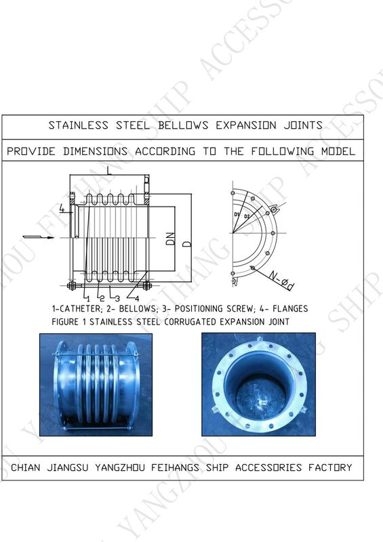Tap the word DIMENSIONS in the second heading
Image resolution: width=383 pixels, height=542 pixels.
tap(95, 151)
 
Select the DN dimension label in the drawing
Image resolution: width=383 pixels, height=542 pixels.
tap(171, 239)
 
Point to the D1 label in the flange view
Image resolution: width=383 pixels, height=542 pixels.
tap(237, 215)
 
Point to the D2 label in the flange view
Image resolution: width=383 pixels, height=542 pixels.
tap(247, 216)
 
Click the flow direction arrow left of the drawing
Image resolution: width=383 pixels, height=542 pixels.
tap(39, 237)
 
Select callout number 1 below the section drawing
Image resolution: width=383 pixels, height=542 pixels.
tap(88, 299)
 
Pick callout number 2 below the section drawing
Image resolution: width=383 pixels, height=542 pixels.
tap(102, 298)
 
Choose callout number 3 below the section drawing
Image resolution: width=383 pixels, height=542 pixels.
tap(117, 298)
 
